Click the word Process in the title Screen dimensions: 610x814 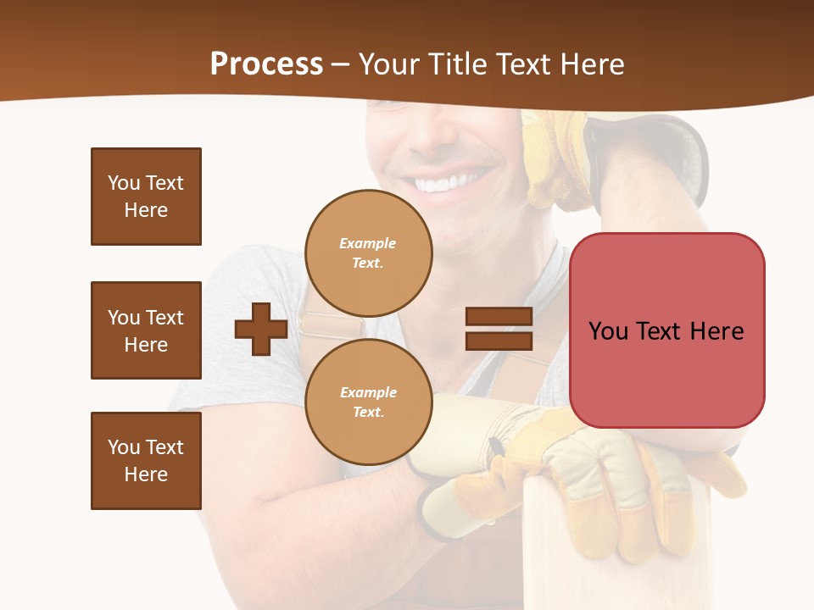(x=266, y=64)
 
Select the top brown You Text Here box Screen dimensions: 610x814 (x=146, y=197)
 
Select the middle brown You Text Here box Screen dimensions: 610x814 (x=146, y=330)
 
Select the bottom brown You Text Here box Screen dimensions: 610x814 (x=146, y=461)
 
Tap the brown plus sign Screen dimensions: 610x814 (x=261, y=329)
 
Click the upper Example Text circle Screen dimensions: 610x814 (x=368, y=252)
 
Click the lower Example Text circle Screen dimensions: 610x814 (x=368, y=402)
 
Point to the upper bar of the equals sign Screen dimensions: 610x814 (x=499, y=316)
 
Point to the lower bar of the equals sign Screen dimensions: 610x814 (x=499, y=341)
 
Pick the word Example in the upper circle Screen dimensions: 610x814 (x=367, y=243)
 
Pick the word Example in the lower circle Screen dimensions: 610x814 (x=368, y=392)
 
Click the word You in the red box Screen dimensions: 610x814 (x=607, y=330)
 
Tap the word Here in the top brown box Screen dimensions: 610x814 (x=146, y=210)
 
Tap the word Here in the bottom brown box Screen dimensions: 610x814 (x=146, y=474)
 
